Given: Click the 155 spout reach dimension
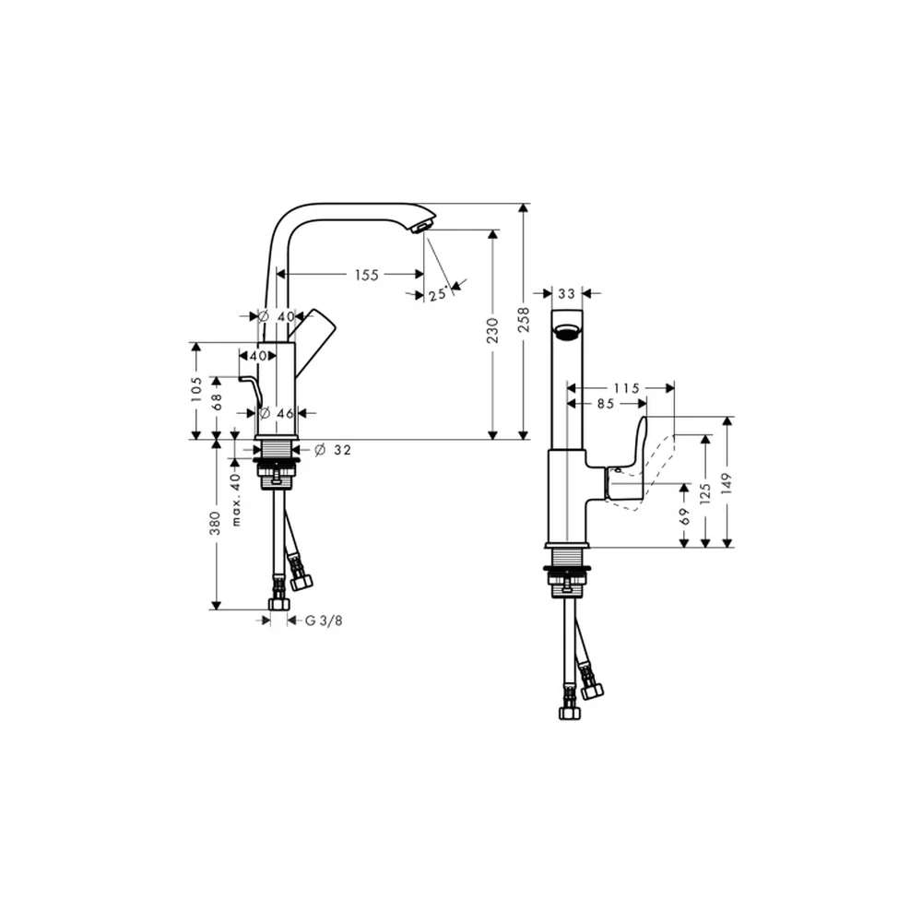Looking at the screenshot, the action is (366, 275).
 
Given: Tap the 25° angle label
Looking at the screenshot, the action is (438, 293).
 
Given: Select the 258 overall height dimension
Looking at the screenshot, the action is (524, 319).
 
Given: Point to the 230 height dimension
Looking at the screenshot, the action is (492, 330).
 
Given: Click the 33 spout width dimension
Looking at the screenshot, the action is (566, 293).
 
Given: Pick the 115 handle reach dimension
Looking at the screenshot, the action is (626, 388).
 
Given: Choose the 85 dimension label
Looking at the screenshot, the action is (606, 404).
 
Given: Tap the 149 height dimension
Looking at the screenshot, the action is (727, 483).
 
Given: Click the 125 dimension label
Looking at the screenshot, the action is (705, 492).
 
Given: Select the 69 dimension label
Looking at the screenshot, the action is (684, 516).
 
